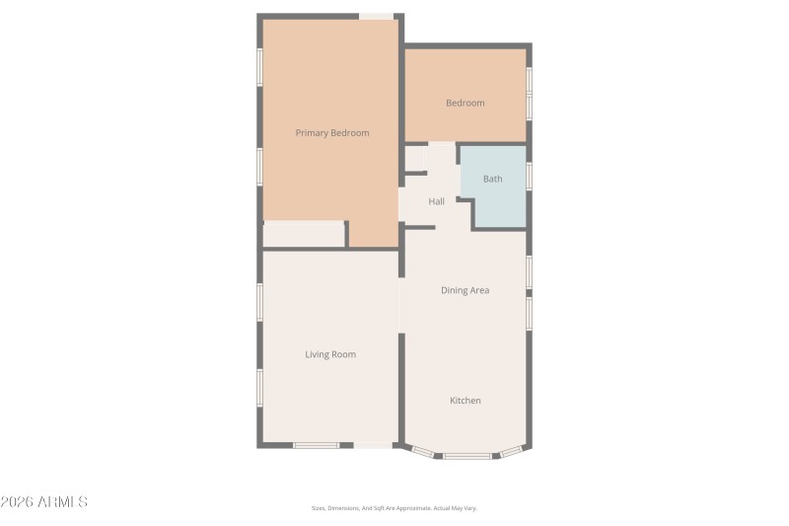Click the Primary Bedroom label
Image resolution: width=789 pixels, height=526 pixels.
point(332,132)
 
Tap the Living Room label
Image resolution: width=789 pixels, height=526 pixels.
point(330,354)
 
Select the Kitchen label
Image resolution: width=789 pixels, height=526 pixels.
point(466,400)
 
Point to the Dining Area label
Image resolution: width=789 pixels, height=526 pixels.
point(466,290)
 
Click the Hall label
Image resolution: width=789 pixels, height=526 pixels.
point(436,201)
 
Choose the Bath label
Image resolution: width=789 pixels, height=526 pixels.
point(492,179)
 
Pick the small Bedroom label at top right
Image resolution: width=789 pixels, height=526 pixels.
point(466,103)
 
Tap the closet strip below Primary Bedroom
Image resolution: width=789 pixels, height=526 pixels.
point(304,235)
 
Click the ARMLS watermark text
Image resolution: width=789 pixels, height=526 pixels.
point(44,502)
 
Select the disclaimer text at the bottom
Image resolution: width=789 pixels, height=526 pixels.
point(394,508)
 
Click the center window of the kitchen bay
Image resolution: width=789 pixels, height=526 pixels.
point(466,456)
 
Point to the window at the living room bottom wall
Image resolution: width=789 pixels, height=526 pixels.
point(317,446)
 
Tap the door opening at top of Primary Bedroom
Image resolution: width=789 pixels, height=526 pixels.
point(376,16)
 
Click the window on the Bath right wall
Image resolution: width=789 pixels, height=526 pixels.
point(530,176)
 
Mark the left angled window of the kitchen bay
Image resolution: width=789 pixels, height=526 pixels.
point(422,452)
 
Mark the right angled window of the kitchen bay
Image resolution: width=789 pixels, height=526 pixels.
point(511,452)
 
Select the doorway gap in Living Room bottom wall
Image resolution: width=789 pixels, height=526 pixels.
point(372,446)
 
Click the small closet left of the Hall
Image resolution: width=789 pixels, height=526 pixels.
point(416,158)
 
